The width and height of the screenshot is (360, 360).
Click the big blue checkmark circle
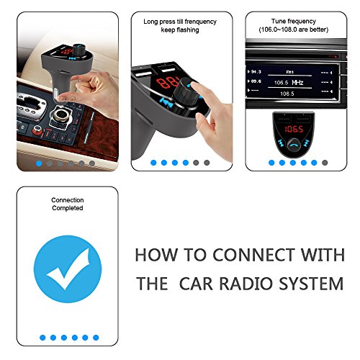68,269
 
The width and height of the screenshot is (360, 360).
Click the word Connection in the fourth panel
68,200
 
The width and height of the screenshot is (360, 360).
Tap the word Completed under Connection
68,208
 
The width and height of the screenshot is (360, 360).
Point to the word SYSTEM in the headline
311,284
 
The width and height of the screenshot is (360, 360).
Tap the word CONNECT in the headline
253,255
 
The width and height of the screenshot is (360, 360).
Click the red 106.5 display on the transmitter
294,130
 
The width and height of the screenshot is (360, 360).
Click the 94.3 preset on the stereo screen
254,72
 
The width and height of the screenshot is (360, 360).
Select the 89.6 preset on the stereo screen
254,81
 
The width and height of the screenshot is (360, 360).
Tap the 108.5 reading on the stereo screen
287,94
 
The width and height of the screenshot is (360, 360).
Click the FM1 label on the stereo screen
289,72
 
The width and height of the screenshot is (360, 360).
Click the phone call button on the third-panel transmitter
294,145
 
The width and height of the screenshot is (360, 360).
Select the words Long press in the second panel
159,22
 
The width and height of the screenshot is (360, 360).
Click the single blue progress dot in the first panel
39,163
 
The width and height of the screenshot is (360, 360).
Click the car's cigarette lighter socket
60,115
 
